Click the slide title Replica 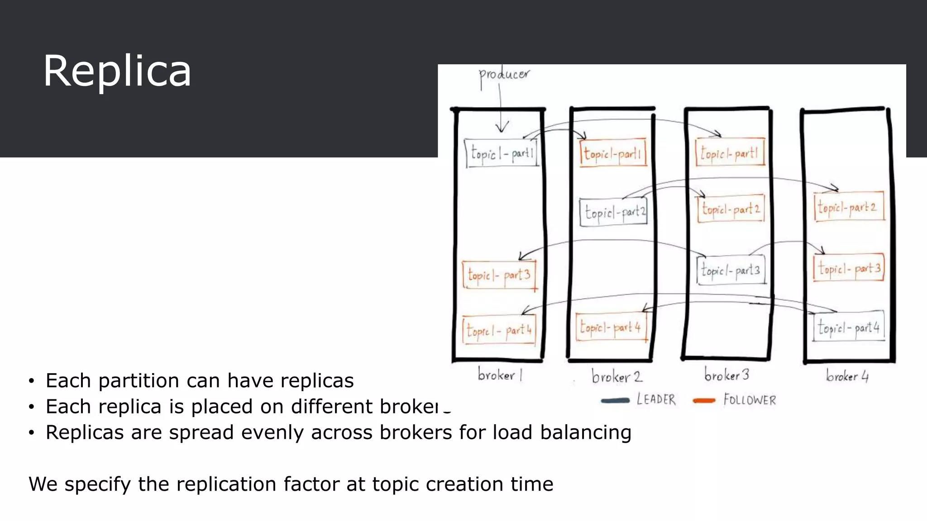coord(117,71)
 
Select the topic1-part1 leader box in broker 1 coord(502,153)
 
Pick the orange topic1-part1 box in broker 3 coord(730,153)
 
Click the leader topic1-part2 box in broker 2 coord(614,212)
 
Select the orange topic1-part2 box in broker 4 coord(848,207)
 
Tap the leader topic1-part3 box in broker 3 coord(731,270)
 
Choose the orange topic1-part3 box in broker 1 coord(499,275)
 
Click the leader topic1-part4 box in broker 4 coord(848,327)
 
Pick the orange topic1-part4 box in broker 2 coord(611,327)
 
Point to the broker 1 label coord(500,375)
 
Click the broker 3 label coord(726,375)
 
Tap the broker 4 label coord(847,376)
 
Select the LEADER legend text coord(656,400)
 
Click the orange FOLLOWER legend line coord(704,400)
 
